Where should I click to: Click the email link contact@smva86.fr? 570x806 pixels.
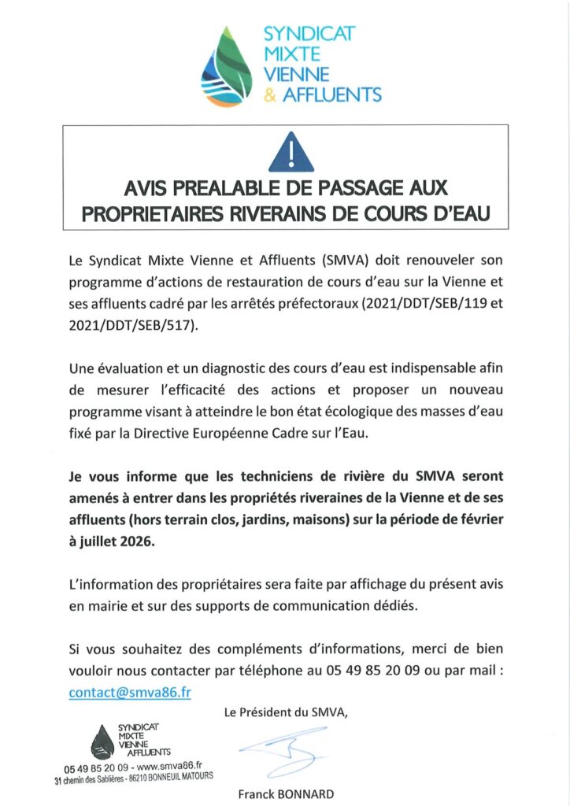tap(130, 693)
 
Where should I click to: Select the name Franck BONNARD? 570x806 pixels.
tap(286, 793)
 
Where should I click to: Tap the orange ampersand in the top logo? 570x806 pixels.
tap(268, 96)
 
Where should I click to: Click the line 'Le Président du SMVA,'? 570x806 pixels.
tap(286, 713)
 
